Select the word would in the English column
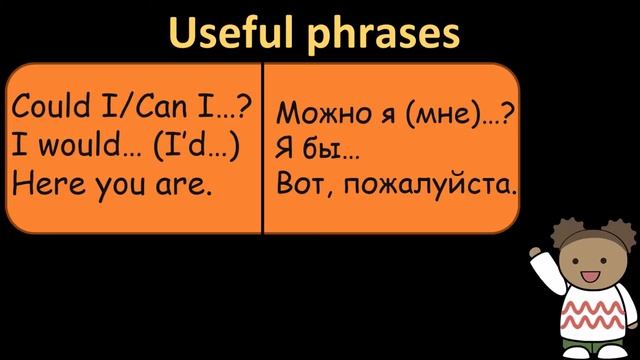[x=76, y=147]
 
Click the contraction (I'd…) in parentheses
[x=196, y=147]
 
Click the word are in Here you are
[x=186, y=185]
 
